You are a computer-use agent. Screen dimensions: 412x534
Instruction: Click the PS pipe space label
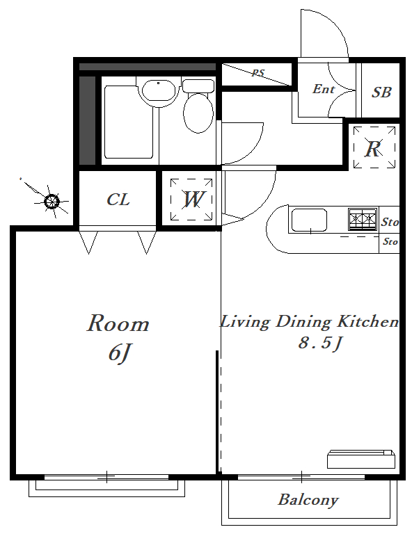(x=258, y=73)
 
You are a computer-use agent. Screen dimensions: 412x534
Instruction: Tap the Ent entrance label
(x=324, y=89)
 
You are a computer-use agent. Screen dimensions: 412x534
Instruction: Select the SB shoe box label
(x=381, y=92)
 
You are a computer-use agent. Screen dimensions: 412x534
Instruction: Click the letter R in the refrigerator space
(x=373, y=149)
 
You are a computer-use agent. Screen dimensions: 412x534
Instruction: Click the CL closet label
(x=118, y=200)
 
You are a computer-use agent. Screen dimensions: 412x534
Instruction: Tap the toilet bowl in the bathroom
(x=198, y=113)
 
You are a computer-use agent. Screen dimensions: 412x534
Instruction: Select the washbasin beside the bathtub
(x=159, y=90)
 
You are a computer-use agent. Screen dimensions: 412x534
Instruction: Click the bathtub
(x=129, y=122)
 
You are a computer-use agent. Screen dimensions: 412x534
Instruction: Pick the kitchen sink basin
(x=309, y=220)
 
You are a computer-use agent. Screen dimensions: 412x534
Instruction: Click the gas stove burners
(x=363, y=219)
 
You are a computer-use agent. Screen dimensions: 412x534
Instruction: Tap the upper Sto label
(x=390, y=222)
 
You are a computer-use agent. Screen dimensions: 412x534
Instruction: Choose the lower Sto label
(x=390, y=241)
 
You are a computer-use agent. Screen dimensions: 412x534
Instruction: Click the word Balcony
(x=308, y=501)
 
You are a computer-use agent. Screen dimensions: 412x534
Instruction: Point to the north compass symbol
(x=51, y=201)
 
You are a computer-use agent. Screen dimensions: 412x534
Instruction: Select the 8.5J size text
(x=319, y=343)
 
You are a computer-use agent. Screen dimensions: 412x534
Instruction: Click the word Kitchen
(x=367, y=321)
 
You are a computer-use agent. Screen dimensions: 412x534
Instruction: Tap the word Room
(x=118, y=323)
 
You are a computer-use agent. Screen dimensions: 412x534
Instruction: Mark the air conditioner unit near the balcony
(x=361, y=459)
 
